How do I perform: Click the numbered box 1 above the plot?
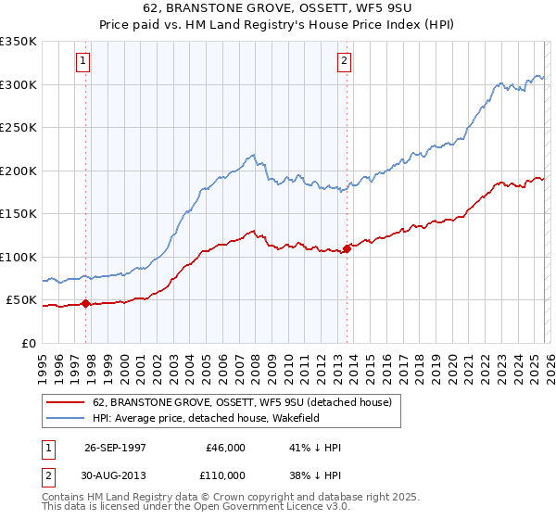click(82, 62)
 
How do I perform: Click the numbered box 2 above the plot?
click(344, 62)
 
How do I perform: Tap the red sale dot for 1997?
click(86, 303)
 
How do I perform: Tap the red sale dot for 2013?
click(347, 248)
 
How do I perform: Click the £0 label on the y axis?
click(29, 343)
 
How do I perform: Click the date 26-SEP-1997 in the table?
click(116, 447)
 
